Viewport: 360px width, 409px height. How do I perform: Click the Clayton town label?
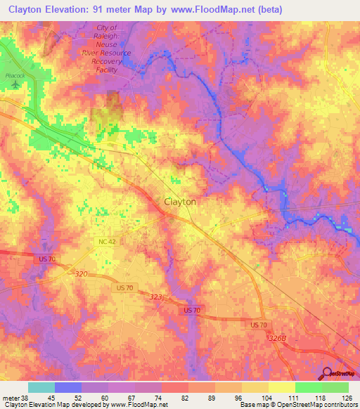180,201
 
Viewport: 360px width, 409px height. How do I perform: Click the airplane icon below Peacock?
15,84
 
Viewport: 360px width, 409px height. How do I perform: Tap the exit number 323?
155,297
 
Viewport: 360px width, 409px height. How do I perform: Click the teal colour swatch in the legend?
41,387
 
